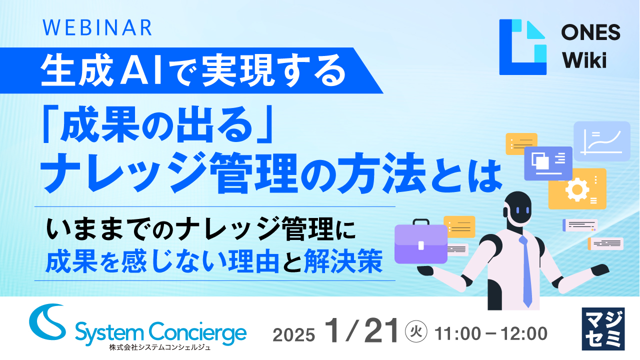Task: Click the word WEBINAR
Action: click(x=98, y=28)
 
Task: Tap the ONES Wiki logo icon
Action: click(x=522, y=47)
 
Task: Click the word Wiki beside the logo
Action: click(x=584, y=60)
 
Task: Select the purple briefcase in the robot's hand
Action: click(x=420, y=242)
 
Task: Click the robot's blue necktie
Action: click(x=525, y=270)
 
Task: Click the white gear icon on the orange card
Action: click(x=576, y=189)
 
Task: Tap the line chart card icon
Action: click(x=601, y=141)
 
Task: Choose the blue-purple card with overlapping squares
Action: click(x=548, y=163)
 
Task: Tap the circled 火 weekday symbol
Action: click(x=416, y=331)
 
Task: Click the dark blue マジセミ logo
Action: click(x=603, y=328)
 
